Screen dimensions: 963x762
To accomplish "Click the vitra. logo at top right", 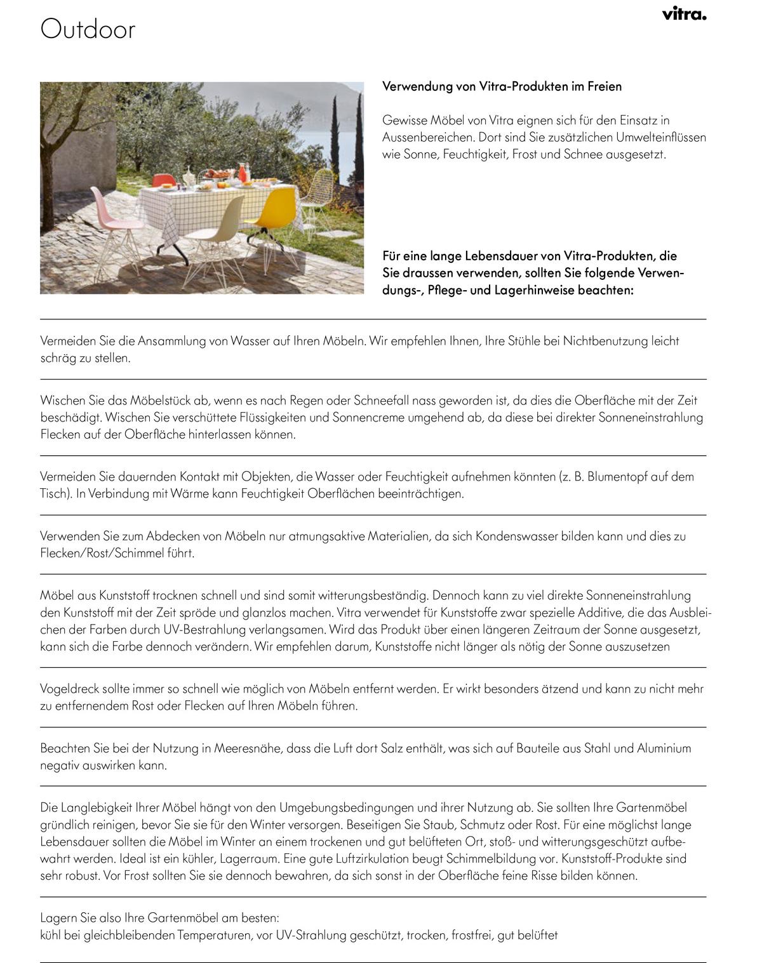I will click(684, 14).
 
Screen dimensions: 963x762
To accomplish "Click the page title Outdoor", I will click(88, 30).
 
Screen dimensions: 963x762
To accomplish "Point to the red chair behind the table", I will click(164, 180).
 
